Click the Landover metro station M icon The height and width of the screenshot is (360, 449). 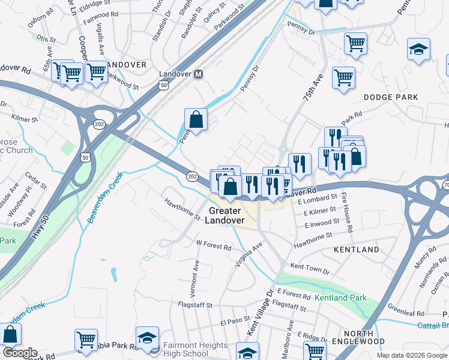199,74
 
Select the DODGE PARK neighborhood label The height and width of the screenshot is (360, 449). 391,97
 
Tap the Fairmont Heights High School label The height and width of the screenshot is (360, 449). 195,349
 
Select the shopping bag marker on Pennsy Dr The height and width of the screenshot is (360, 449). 196,119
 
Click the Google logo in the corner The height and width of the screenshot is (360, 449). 20,353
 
